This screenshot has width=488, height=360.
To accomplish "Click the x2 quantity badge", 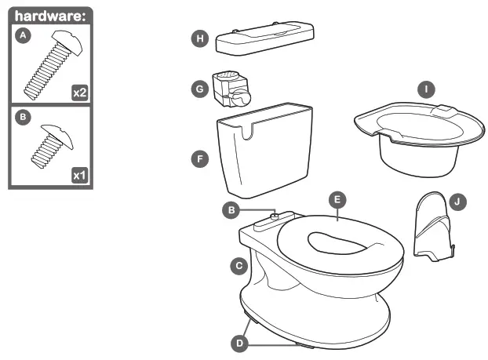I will click(x=79, y=93).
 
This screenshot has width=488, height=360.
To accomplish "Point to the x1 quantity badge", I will click(x=79, y=174).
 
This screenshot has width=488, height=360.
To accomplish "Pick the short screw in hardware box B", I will click(x=51, y=144).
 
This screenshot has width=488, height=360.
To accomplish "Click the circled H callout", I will click(x=200, y=39).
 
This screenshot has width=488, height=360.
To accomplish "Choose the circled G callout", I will click(x=200, y=89).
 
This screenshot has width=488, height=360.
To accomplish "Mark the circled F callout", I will click(x=200, y=158).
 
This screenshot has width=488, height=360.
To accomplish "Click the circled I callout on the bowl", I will click(x=426, y=89).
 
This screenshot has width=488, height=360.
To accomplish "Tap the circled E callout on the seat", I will click(x=337, y=200).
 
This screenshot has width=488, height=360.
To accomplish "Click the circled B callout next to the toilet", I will click(x=231, y=209).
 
